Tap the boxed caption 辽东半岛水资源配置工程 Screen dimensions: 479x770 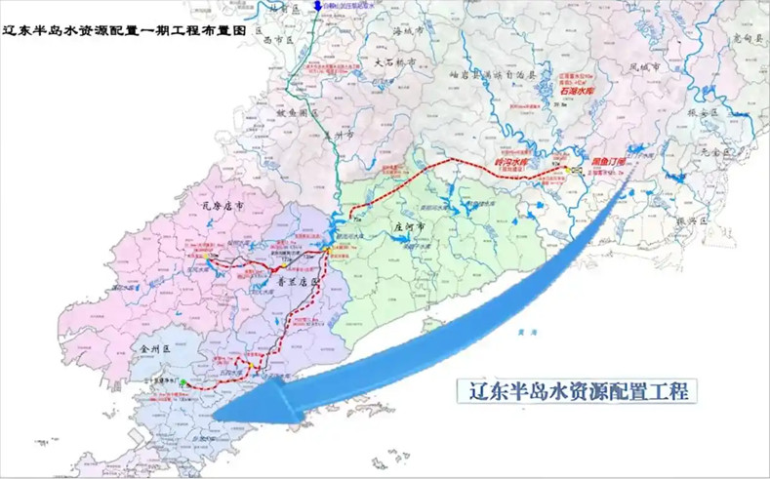tap(577, 391)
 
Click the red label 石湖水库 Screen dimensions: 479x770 tap(578, 90)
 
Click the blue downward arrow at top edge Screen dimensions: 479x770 tap(318, 7)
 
